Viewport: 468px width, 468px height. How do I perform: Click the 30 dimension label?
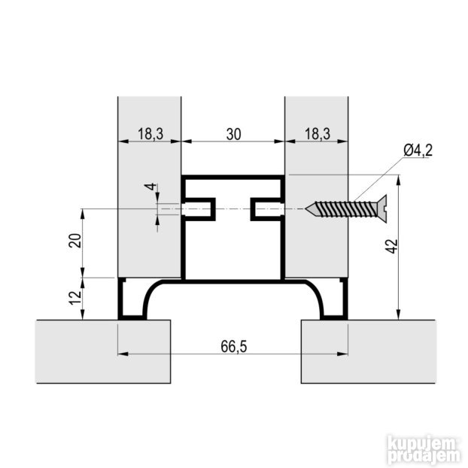click(x=233, y=134)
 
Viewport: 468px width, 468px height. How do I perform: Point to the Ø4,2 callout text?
click(x=418, y=150)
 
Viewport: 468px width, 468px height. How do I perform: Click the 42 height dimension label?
click(x=393, y=246)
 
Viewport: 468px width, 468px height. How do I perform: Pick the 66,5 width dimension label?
click(x=234, y=347)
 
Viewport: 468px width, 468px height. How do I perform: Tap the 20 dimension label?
click(x=75, y=240)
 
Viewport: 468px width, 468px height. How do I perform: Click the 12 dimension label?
click(x=75, y=297)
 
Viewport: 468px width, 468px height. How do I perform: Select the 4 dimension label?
click(x=151, y=187)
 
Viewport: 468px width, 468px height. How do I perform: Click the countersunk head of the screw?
click(x=382, y=208)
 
